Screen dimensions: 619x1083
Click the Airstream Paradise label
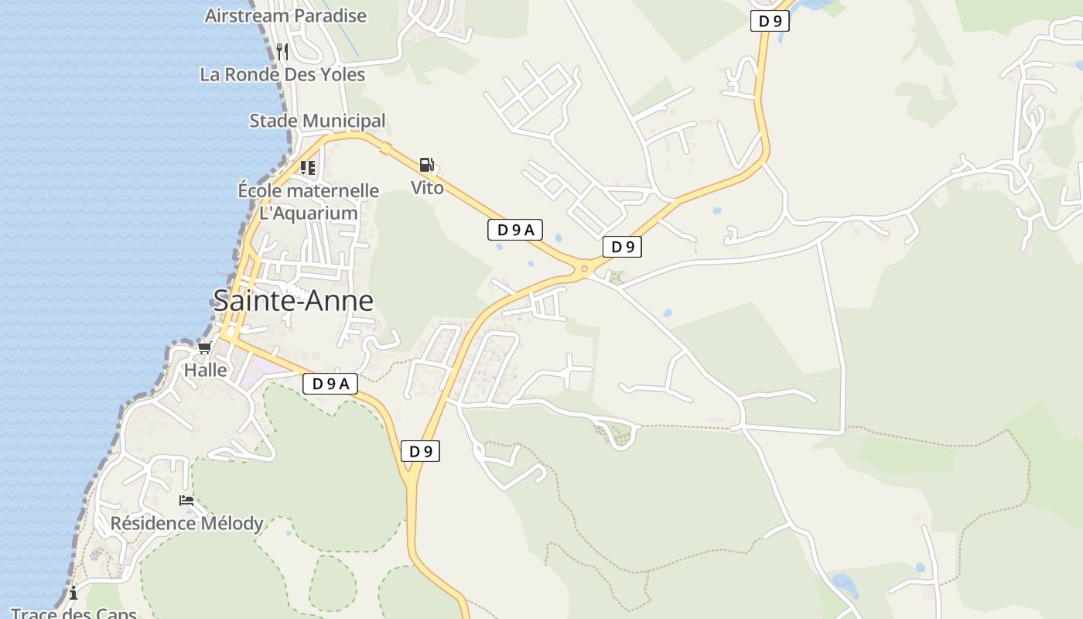(285, 15)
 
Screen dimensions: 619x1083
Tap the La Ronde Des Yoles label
(282, 75)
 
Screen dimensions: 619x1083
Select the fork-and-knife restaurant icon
(282, 52)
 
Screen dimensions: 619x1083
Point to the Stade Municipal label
(317, 121)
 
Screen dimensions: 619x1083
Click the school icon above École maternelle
(308, 167)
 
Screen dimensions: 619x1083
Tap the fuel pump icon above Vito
(426, 165)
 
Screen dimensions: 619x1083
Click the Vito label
(427, 188)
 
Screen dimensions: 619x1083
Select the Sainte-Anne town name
(293, 300)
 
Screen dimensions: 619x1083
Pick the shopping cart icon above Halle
(204, 348)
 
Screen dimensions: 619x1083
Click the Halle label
(206, 370)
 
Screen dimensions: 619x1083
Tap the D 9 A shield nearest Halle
(330, 383)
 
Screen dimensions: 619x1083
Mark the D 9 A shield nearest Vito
(515, 230)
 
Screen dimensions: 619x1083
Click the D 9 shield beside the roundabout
(622, 247)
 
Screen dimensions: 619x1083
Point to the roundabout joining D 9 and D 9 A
(584, 270)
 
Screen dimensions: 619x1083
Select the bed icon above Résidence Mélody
(186, 501)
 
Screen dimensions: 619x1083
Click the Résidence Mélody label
(186, 523)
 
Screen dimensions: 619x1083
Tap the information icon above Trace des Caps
(73, 593)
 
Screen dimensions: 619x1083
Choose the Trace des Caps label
(73, 613)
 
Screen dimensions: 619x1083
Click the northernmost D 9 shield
(770, 21)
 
